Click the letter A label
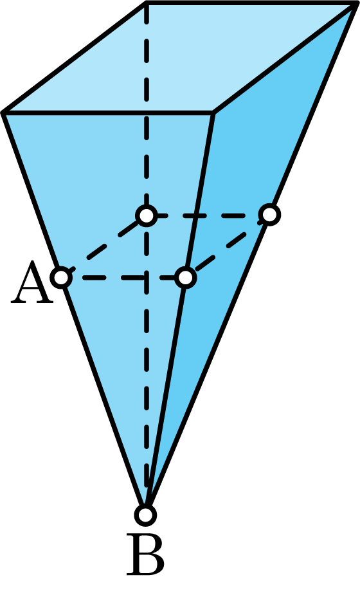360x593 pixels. (x=32, y=282)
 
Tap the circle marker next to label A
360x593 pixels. (x=61, y=277)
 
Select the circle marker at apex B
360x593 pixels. (x=145, y=515)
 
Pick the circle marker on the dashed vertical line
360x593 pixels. (x=147, y=215)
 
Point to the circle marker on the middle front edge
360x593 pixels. (x=186, y=277)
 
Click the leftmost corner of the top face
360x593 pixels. (x=3, y=113)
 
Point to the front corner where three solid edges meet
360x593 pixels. (x=213, y=113)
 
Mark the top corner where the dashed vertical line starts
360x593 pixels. (x=147, y=3)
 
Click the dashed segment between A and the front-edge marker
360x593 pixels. (x=123, y=278)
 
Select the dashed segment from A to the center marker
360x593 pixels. (x=104, y=246)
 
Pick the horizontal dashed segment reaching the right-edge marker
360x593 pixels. (x=208, y=215)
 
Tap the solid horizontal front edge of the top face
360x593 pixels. (x=108, y=113)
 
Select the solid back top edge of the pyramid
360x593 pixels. (x=251, y=3)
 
